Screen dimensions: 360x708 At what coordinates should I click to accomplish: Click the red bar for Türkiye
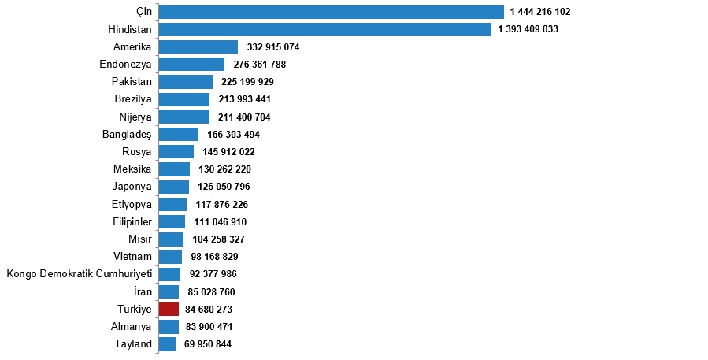(169, 309)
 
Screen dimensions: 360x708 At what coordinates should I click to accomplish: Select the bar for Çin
(331, 12)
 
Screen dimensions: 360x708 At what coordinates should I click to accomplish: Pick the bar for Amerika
(198, 47)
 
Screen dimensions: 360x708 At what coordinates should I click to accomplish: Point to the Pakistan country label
(132, 82)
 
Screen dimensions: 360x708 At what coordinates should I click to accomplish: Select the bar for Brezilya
(183, 99)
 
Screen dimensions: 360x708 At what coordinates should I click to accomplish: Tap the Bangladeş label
(127, 134)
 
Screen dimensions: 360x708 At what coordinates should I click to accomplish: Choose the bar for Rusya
(176, 151)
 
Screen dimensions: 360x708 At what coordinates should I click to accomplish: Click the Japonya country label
(132, 187)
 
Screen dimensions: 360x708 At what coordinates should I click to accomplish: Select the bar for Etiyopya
(172, 204)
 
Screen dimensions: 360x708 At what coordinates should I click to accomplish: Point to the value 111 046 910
(221, 221)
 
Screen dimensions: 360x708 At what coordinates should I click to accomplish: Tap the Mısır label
(139, 239)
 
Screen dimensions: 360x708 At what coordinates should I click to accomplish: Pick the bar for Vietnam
(169, 256)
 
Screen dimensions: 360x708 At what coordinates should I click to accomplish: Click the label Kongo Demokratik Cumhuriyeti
(79, 274)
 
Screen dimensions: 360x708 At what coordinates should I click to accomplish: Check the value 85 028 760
(211, 291)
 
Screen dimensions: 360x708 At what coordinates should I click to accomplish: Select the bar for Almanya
(169, 326)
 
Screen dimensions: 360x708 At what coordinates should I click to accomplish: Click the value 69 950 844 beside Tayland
(208, 343)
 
